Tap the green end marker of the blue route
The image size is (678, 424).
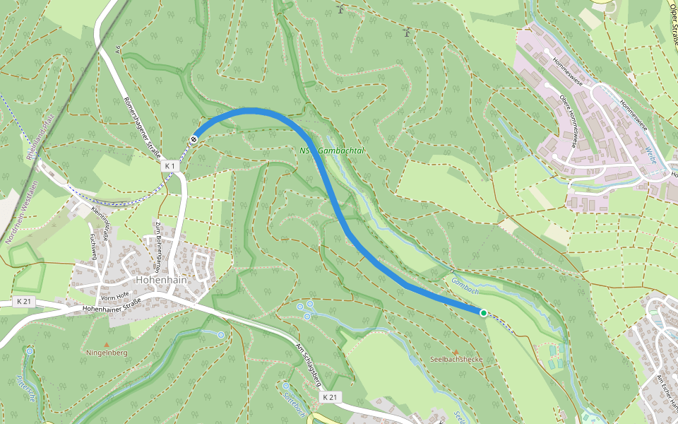[483, 312]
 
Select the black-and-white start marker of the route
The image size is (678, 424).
[194, 139]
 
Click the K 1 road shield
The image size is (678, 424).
[169, 165]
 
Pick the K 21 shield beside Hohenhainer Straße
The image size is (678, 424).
[23, 302]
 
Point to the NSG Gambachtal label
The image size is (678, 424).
[331, 151]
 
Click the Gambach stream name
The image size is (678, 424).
[465, 282]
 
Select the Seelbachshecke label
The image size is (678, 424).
[456, 359]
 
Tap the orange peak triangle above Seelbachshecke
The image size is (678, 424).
[456, 351]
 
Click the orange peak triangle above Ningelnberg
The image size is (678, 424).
[107, 344]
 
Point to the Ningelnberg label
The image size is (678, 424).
[107, 352]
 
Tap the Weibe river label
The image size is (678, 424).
[650, 155]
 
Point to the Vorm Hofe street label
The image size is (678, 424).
[113, 295]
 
